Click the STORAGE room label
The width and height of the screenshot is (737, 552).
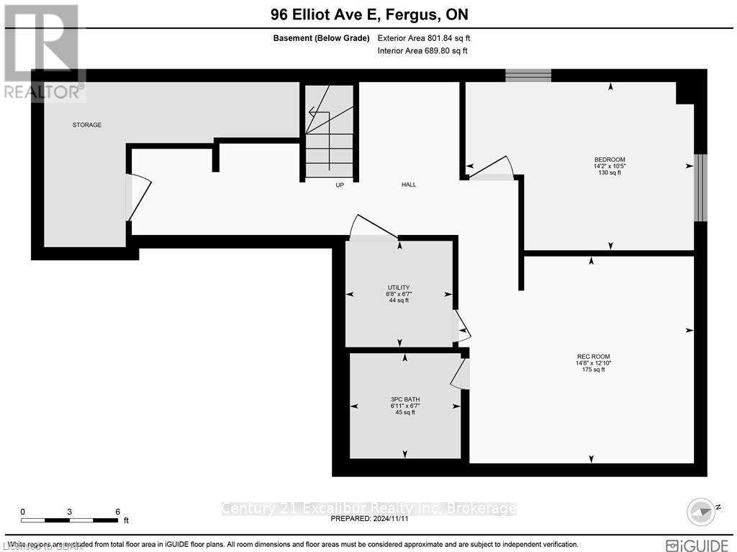(x=86, y=125)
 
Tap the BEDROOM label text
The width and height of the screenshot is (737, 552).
(x=609, y=160)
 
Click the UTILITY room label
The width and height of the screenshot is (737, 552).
(x=398, y=288)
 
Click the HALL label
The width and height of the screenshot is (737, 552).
(x=408, y=184)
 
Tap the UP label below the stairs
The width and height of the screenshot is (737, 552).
(x=340, y=184)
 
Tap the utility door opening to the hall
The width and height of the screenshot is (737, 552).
(x=373, y=228)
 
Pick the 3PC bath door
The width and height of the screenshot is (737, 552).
(x=460, y=373)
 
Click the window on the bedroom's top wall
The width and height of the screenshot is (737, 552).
(x=528, y=76)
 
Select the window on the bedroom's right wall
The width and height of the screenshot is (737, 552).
(x=700, y=187)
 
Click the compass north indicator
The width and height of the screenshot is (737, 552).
(x=702, y=510)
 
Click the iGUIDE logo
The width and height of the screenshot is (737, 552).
(x=695, y=545)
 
